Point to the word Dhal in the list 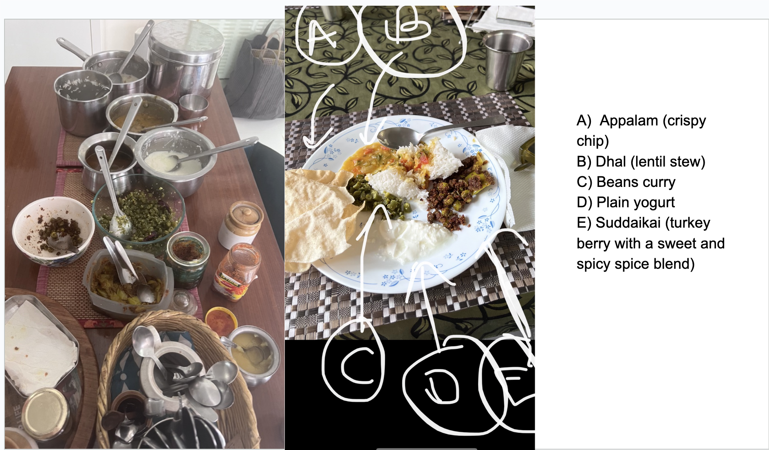(x=611, y=162)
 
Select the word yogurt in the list (x=656, y=203)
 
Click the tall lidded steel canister (x=185, y=57)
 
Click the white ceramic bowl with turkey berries (x=53, y=230)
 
